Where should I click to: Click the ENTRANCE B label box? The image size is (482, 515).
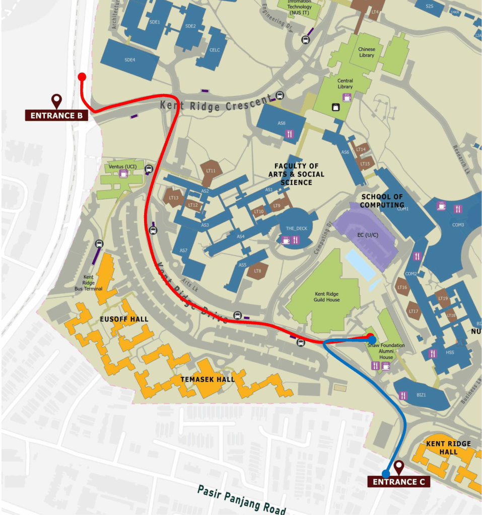pos(56,115)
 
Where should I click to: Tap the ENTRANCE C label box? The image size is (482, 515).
pos(398,482)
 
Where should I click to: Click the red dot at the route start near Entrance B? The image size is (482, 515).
pos(82,76)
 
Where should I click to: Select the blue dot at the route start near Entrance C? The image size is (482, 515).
pos(386,473)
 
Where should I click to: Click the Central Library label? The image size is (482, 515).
pos(345,83)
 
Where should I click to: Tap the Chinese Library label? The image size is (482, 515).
pos(366,52)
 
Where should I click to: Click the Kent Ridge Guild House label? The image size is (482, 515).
pos(327,296)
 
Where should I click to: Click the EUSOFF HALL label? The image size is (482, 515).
pos(124,319)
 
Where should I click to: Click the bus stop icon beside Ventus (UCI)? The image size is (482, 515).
pos(149,169)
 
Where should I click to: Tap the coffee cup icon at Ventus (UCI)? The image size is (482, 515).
pos(123,174)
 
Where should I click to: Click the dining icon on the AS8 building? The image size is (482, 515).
pos(289,134)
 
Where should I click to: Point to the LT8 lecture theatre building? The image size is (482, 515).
pos(257,272)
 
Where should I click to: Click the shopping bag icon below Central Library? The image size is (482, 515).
pos(334,107)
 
